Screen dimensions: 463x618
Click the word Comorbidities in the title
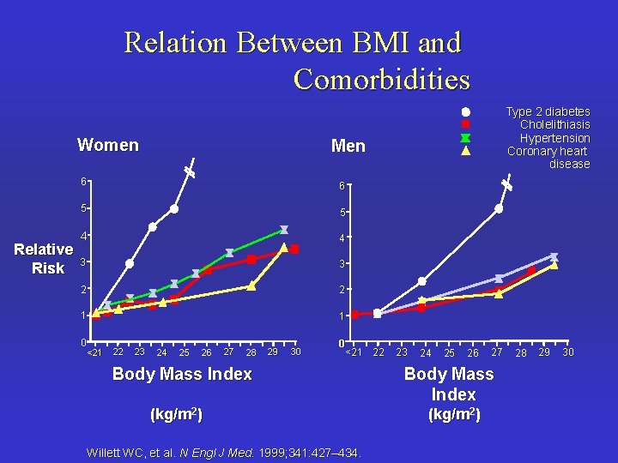click(381, 79)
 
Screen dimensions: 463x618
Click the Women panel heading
click(107, 145)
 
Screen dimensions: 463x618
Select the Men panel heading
click(348, 147)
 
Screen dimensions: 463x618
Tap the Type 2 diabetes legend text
click(548, 111)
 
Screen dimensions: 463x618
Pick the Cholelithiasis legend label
click(554, 124)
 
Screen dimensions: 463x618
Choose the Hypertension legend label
click(554, 138)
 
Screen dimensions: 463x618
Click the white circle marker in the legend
click(464, 111)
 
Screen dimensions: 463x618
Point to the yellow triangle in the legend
click(464, 151)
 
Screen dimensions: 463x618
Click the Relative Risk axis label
click(43, 259)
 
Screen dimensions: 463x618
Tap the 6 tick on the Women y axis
click(83, 182)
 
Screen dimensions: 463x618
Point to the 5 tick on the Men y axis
click(341, 213)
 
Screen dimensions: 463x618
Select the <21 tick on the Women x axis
click(94, 352)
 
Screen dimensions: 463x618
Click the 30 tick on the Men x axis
click(566, 352)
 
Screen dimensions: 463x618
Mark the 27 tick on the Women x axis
click(228, 352)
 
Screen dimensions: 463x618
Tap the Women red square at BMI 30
click(294, 250)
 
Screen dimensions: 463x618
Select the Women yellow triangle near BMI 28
click(251, 286)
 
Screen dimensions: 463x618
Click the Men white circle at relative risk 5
click(499, 208)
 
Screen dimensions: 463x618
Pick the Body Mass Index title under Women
click(182, 374)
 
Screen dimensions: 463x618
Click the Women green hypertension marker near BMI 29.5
click(283, 230)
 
